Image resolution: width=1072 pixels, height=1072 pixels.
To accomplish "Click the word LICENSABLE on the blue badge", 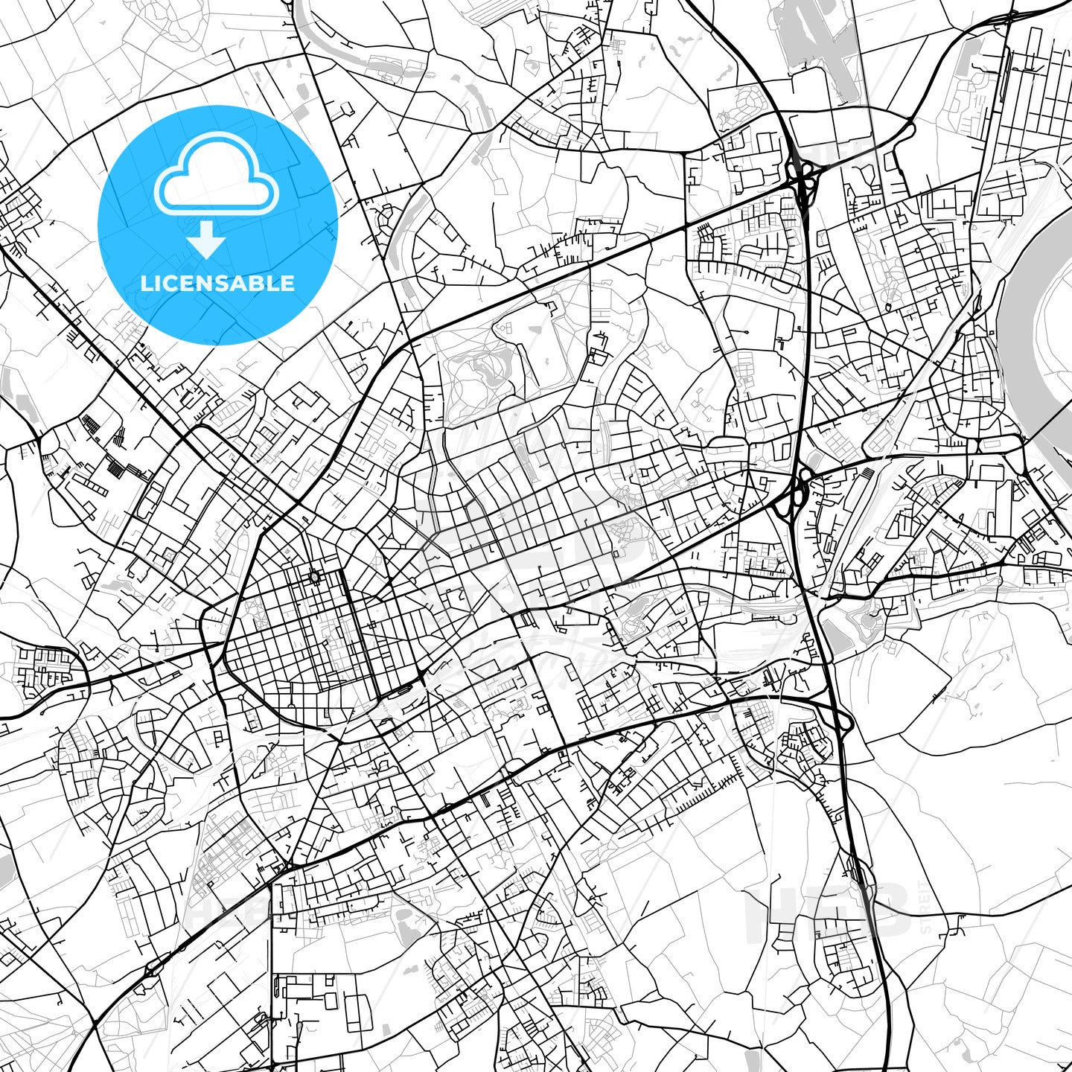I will [x=217, y=283].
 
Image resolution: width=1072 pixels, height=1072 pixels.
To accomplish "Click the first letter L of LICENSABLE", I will [x=147, y=283].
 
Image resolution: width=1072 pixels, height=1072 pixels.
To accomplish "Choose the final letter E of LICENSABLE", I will [x=288, y=283].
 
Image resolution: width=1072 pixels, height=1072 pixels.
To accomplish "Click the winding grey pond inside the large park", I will [x=484, y=365].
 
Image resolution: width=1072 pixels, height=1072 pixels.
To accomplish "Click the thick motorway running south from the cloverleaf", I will [x=805, y=335].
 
